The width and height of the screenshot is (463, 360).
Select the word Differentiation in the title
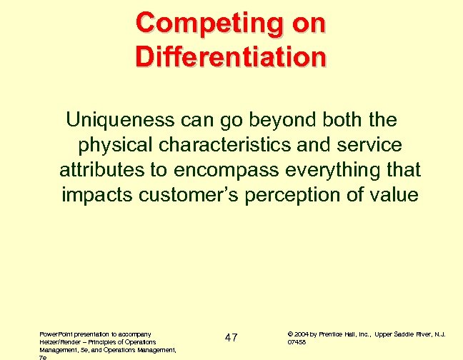pos(230,55)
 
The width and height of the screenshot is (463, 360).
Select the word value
pos(395,194)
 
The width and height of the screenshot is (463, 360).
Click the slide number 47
pos(230,337)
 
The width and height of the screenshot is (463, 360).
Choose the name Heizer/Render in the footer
pos(54,341)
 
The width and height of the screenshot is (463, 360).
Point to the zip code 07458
pos(297,341)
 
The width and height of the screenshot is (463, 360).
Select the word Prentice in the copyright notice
pos(333,333)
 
